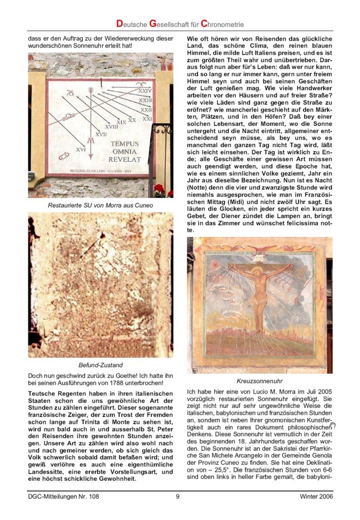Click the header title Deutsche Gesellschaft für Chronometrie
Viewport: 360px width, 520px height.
click(180, 23)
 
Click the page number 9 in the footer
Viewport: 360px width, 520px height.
click(178, 497)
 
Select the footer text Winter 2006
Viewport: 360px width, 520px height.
click(316, 497)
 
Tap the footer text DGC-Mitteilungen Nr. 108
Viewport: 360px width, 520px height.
click(63, 497)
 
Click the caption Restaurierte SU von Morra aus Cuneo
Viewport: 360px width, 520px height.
click(100, 206)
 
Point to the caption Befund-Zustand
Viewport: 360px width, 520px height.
click(100, 365)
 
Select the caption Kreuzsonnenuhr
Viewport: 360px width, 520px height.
click(259, 380)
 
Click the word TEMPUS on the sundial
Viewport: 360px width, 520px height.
click(124, 144)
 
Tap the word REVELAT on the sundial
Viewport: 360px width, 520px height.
click(124, 159)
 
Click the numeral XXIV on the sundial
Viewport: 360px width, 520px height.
click(145, 91)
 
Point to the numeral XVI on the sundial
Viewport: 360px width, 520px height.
click(81, 149)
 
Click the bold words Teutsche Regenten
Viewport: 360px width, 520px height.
click(58, 394)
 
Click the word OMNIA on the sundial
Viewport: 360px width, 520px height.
click(124, 151)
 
